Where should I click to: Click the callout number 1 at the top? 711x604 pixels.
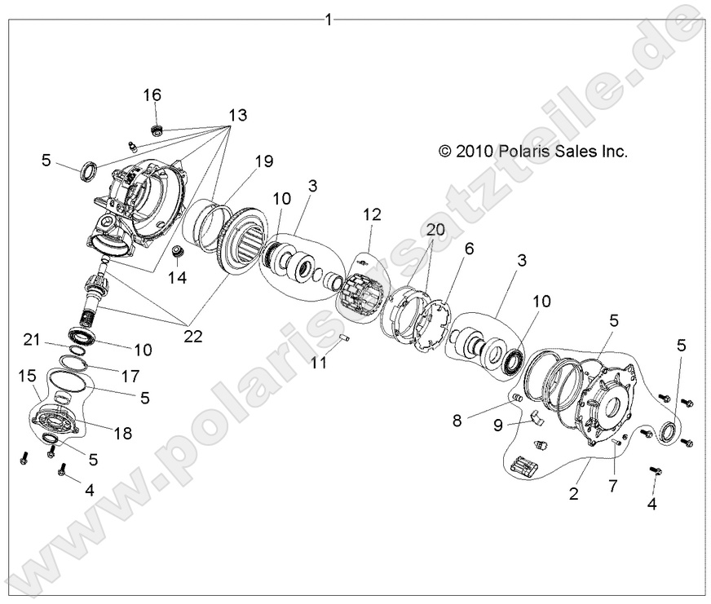click(x=329, y=19)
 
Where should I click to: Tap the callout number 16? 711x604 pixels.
click(x=152, y=95)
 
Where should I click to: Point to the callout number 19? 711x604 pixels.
click(x=263, y=161)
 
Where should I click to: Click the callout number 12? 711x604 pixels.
click(x=372, y=214)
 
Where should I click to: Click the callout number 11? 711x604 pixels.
click(x=319, y=363)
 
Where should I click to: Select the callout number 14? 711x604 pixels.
click(x=177, y=278)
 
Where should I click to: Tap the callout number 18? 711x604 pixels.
click(x=123, y=434)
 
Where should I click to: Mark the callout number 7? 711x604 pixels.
click(x=612, y=487)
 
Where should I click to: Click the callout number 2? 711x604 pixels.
click(x=574, y=493)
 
